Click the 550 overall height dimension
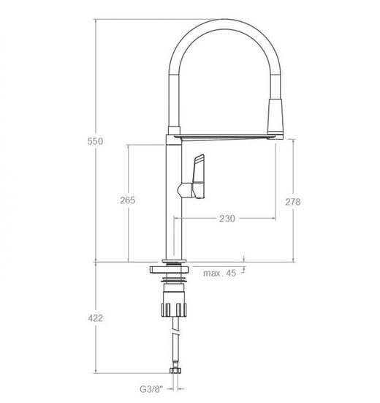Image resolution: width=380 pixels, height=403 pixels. click(95, 141)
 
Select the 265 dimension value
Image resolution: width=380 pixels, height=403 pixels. click(128, 200)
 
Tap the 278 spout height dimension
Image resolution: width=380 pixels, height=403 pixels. click(293, 202)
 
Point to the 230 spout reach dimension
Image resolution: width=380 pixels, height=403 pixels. click(227, 219)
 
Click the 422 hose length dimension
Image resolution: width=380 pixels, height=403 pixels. click(95, 318)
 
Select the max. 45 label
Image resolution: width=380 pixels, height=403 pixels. click(219, 274)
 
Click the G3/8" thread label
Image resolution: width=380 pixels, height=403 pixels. click(151, 389)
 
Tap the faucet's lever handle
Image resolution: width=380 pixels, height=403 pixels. click(199, 176)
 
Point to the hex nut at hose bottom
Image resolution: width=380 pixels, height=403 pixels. click(175, 370)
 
